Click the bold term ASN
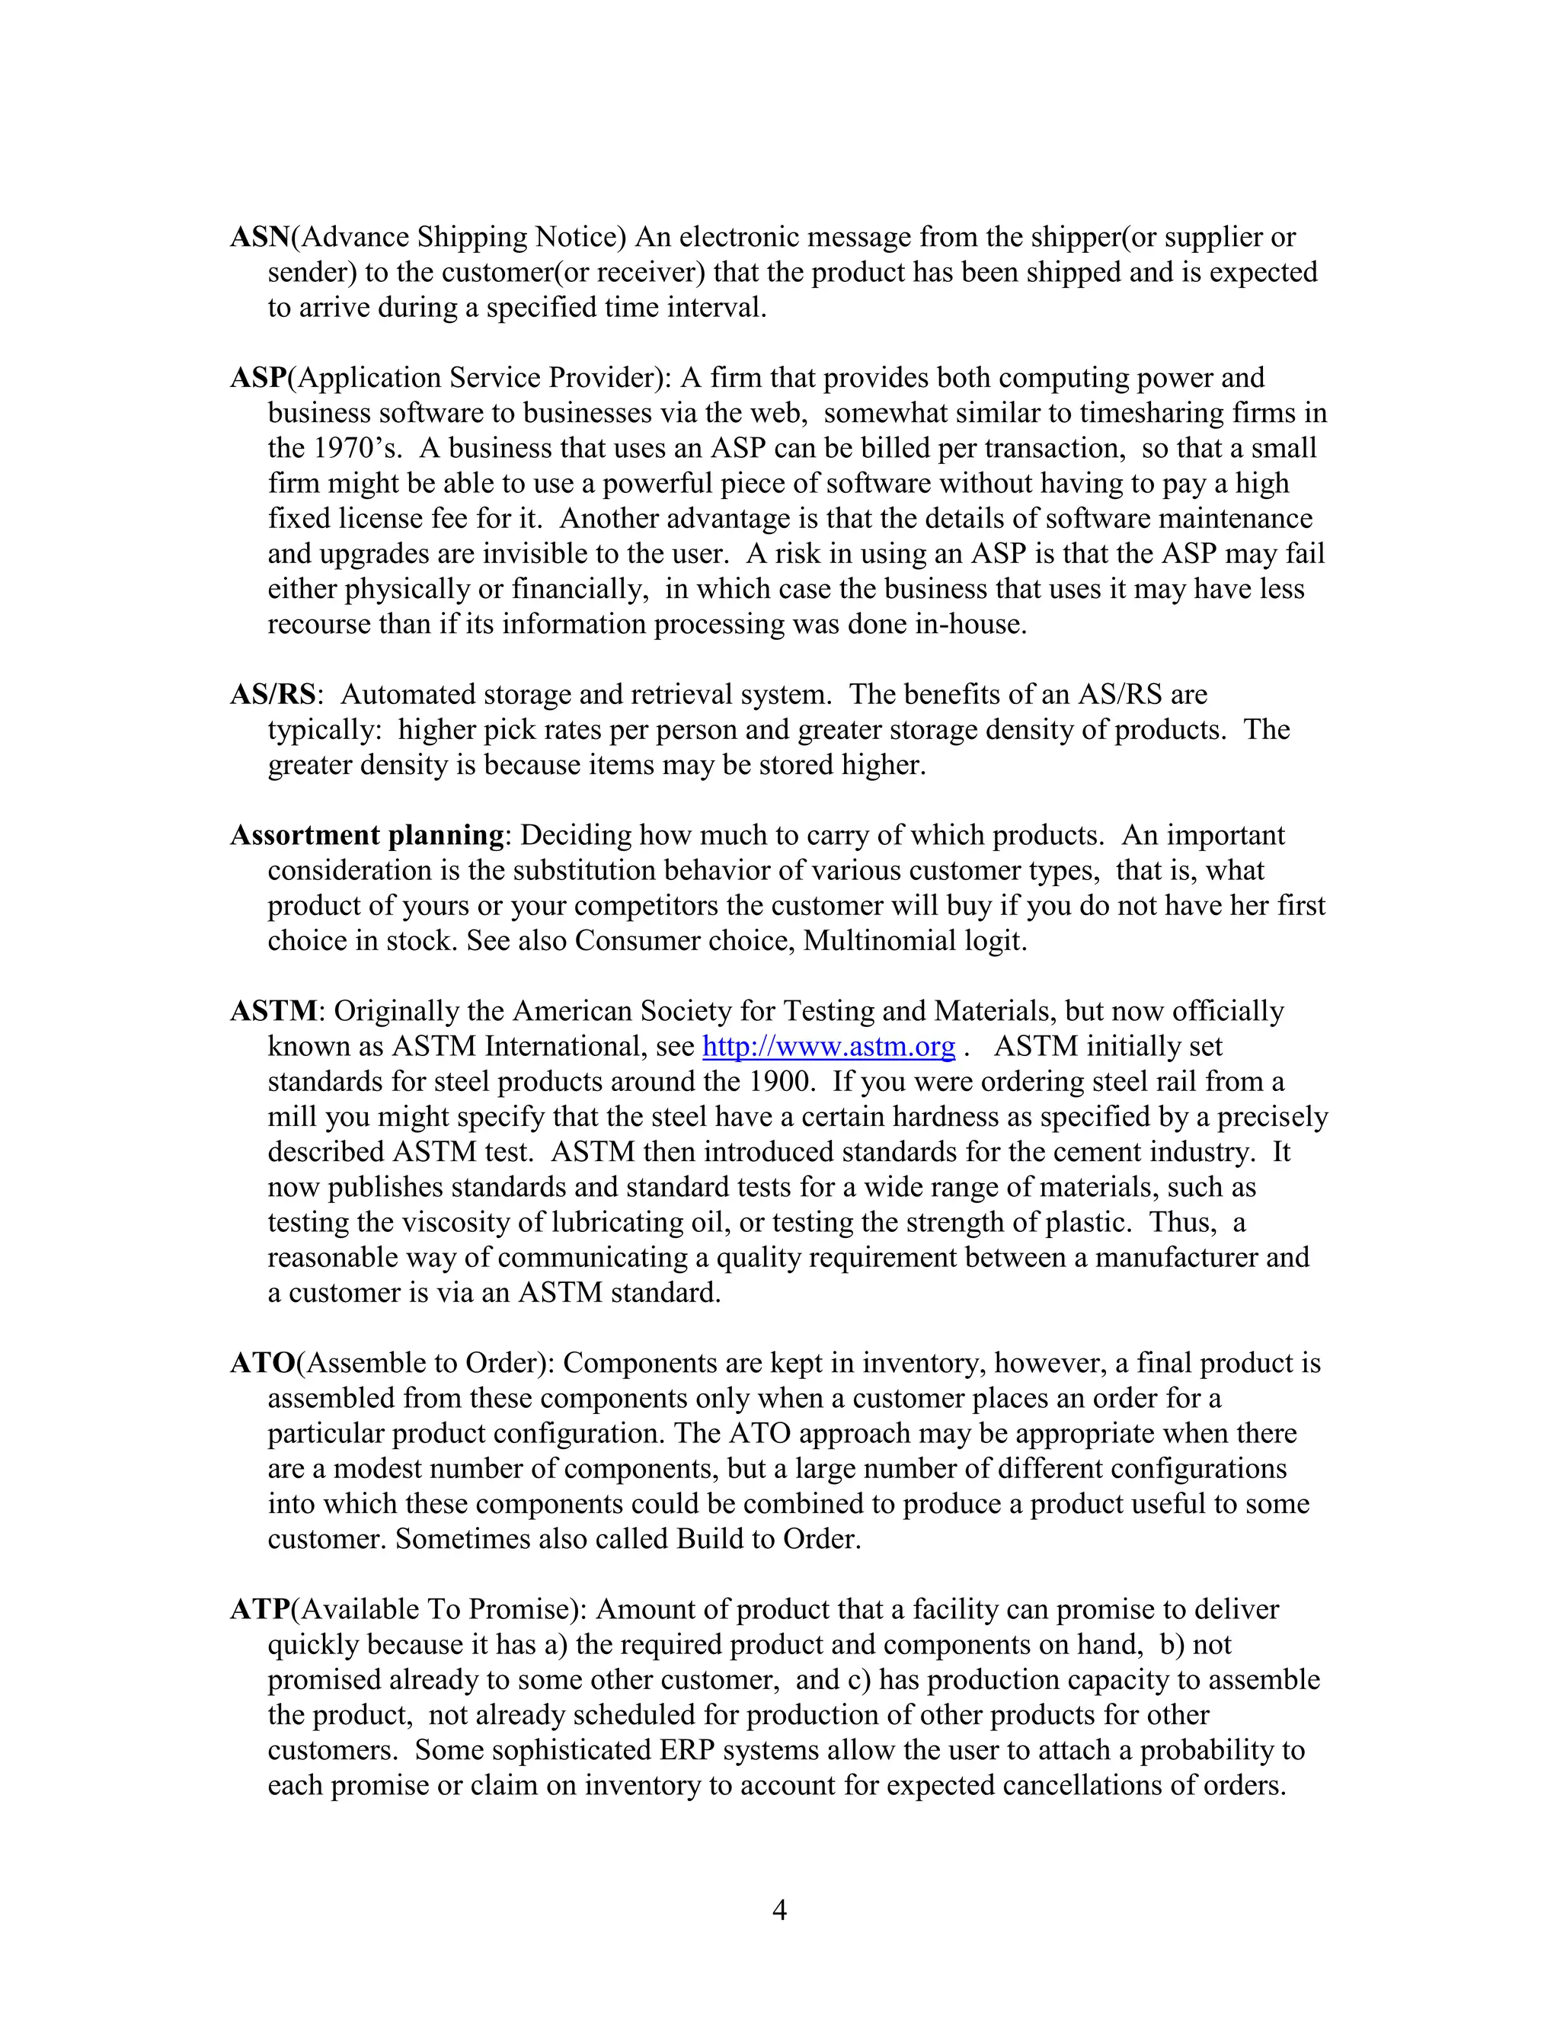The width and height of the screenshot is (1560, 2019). pyautogui.click(x=260, y=238)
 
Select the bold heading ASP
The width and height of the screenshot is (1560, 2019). pyautogui.click(x=258, y=378)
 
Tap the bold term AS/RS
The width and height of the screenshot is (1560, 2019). pyautogui.click(x=273, y=694)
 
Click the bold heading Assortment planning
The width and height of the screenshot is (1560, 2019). pyautogui.click(x=367, y=836)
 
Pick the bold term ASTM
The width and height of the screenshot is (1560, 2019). pyautogui.click(x=273, y=1011)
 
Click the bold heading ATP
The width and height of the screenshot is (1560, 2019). pyautogui.click(x=261, y=1609)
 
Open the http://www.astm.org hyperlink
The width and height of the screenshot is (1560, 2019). pyautogui.click(x=828, y=1047)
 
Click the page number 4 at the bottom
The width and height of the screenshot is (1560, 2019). pyautogui.click(x=779, y=1910)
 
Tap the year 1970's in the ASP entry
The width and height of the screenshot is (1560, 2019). pyautogui.click(x=356, y=448)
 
